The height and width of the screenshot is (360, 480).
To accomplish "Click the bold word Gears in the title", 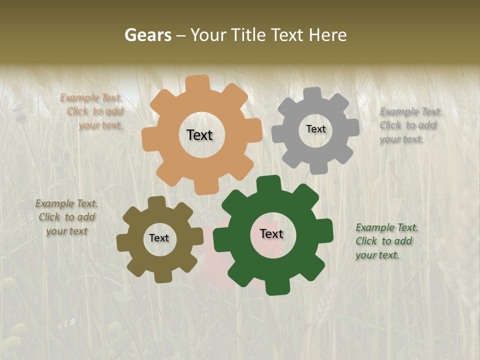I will click(x=147, y=35).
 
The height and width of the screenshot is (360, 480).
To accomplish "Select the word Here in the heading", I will click(x=327, y=35).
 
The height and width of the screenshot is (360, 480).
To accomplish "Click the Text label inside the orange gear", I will click(x=199, y=135).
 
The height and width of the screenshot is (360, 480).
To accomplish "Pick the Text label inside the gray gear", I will click(x=315, y=129).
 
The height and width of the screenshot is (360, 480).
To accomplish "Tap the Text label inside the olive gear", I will click(x=159, y=238).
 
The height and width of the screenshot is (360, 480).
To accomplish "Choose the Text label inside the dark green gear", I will click(x=271, y=233).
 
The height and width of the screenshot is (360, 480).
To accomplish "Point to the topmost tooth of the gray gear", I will click(x=312, y=93).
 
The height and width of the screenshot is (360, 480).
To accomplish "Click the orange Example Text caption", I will click(x=92, y=111).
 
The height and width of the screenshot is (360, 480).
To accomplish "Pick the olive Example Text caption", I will click(x=66, y=217).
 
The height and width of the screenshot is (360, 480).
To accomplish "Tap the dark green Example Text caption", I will click(x=386, y=241).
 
